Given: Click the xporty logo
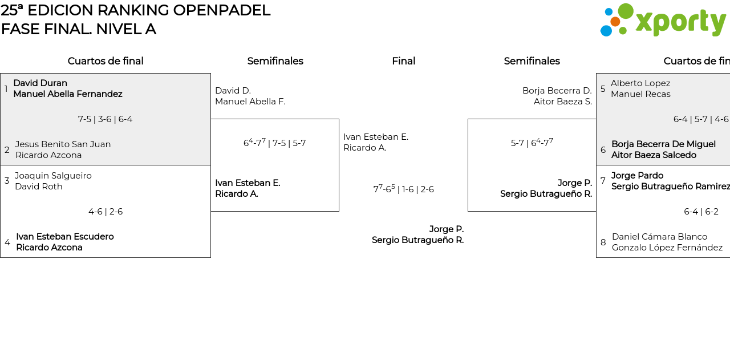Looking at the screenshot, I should coord(663,21).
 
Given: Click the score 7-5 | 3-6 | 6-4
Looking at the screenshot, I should coord(106,119).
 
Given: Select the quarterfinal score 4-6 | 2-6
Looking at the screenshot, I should coord(106,212).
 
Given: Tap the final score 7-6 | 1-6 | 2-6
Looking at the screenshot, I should coord(403,189).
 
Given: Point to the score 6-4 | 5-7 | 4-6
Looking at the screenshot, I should coord(700,119).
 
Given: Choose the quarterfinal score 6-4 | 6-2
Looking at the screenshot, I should coord(701,212).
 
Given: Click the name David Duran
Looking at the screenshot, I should coord(40,83).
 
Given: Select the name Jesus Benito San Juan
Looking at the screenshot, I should coord(63,144).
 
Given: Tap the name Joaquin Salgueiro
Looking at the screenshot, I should coord(53,176).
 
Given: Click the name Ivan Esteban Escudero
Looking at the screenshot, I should coord(65,237).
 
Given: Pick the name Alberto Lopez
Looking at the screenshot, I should coord(640,83).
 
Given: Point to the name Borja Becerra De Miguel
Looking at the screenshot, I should coord(663,144).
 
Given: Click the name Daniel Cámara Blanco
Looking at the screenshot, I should coord(659,237).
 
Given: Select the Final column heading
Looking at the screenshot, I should coord(403,61).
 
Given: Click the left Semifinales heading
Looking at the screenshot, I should coord(275,61).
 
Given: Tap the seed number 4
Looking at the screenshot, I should coord(7,242).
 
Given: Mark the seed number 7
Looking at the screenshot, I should coord(603,181).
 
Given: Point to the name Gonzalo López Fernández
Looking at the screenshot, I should coord(667,248).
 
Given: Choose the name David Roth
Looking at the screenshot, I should coord(39,187).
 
